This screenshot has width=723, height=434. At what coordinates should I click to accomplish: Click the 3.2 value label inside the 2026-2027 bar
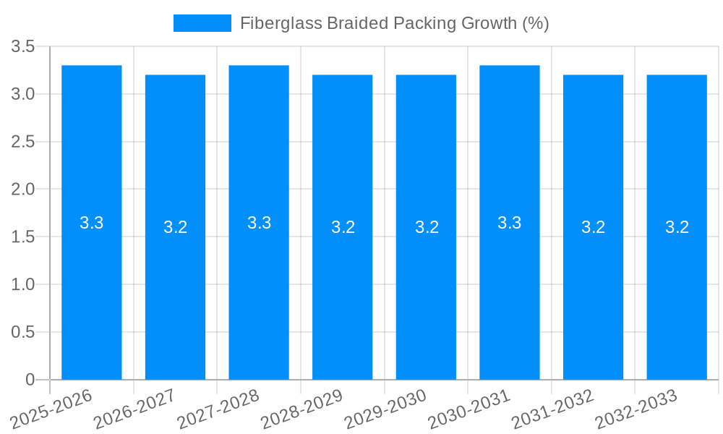pyautogui.click(x=175, y=227)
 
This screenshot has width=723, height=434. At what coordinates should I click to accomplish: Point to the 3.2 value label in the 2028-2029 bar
pyautogui.click(x=343, y=227)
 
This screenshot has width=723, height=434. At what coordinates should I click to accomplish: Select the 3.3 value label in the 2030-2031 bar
pyautogui.click(x=510, y=223)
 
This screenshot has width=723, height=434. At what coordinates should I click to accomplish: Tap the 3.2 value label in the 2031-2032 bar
pyautogui.click(x=593, y=227)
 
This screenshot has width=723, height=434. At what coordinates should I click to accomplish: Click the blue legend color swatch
pyautogui.click(x=202, y=23)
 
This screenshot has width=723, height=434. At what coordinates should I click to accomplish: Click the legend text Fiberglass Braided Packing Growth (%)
pyautogui.click(x=394, y=23)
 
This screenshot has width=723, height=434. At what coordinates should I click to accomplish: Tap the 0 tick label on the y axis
pyautogui.click(x=30, y=380)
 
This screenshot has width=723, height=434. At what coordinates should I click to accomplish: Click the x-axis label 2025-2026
pyautogui.click(x=52, y=409)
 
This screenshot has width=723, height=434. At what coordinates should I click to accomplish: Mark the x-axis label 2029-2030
pyautogui.click(x=386, y=409)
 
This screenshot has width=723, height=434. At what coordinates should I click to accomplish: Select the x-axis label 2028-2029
pyautogui.click(x=302, y=409)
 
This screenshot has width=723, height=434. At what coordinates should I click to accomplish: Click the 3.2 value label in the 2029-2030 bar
pyautogui.click(x=427, y=227)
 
